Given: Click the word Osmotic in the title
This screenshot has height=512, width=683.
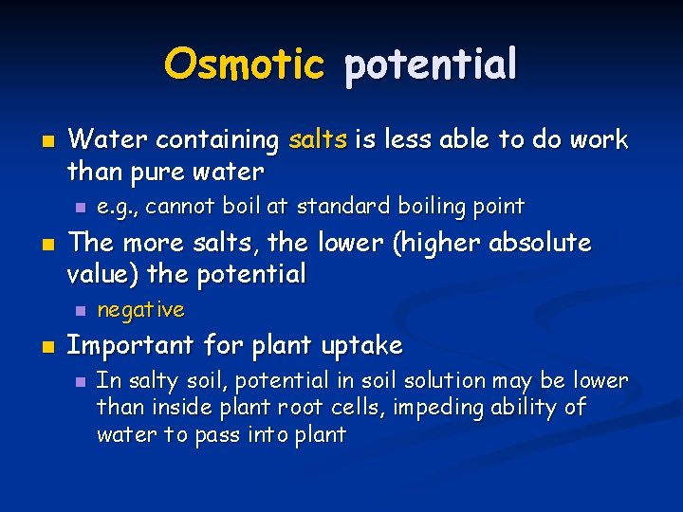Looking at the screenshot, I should click(x=244, y=64).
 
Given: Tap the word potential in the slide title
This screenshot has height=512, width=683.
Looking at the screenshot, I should click(x=431, y=64).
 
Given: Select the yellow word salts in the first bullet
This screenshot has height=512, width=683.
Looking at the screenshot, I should click(x=319, y=140).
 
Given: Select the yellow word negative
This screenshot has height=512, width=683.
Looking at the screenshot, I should click(x=141, y=310).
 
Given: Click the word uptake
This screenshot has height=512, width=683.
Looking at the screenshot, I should click(x=364, y=345).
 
